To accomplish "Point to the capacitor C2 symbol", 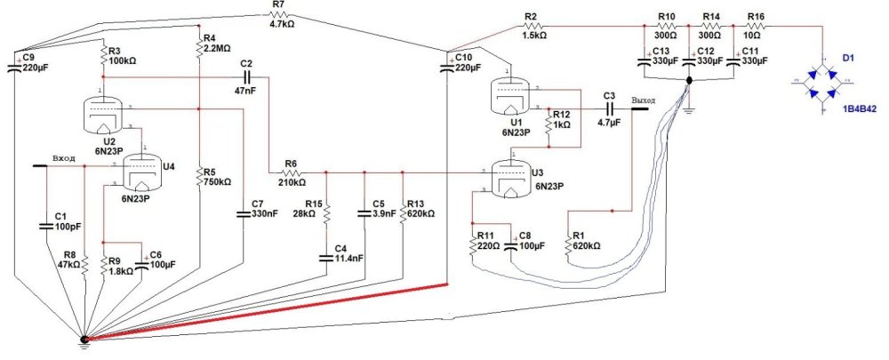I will [x=247, y=78].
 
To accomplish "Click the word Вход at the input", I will [x=64, y=158].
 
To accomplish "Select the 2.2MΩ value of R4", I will [x=220, y=49].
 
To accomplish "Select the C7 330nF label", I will [x=264, y=210].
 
